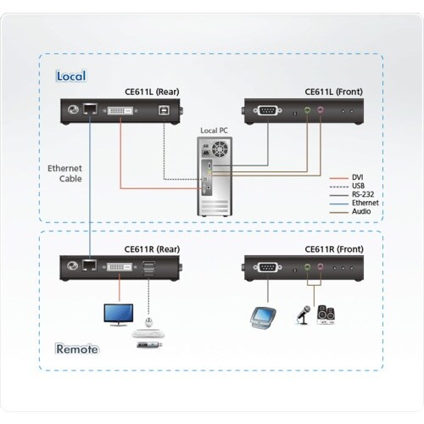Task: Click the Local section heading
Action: [x=71, y=75]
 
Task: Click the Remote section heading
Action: [x=77, y=349]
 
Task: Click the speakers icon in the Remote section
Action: [x=326, y=315]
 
